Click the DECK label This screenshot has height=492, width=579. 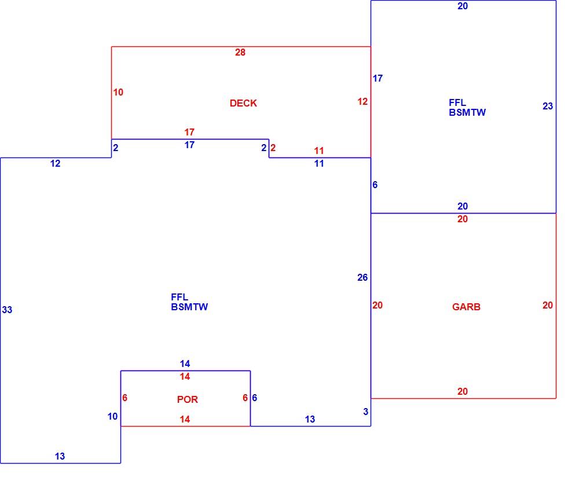point(243,103)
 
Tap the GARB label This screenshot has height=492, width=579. point(466,307)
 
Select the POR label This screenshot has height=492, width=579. point(187,399)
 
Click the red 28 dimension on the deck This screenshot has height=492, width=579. point(240,53)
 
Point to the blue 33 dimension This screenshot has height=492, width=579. point(7,310)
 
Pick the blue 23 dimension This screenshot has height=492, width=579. point(548,107)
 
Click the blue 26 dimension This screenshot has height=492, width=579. point(362,278)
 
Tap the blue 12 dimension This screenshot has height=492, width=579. point(55,163)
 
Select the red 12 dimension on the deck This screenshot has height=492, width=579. point(362,101)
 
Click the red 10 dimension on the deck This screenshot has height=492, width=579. point(118,92)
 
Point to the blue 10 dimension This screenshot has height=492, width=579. point(112,416)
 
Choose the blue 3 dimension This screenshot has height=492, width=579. point(365,412)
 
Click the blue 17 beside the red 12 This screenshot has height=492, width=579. point(378,78)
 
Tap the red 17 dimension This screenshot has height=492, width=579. point(189,132)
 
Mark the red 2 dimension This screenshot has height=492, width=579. point(273,148)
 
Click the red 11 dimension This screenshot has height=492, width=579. point(318,150)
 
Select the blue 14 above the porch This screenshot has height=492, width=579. point(185,364)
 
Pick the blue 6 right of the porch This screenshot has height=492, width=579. point(254,398)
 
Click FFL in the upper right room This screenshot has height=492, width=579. point(457,102)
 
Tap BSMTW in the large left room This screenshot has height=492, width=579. point(189,307)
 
